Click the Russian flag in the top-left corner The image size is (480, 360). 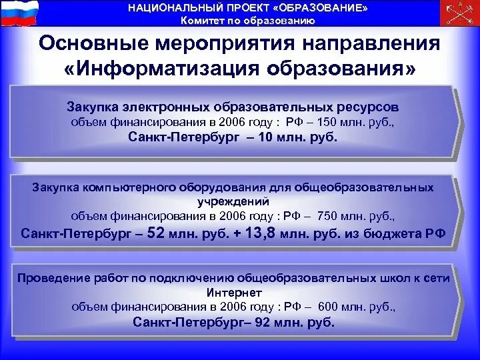point(19,13)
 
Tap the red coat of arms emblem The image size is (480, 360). point(461,13)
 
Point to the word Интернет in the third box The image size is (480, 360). point(233,293)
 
